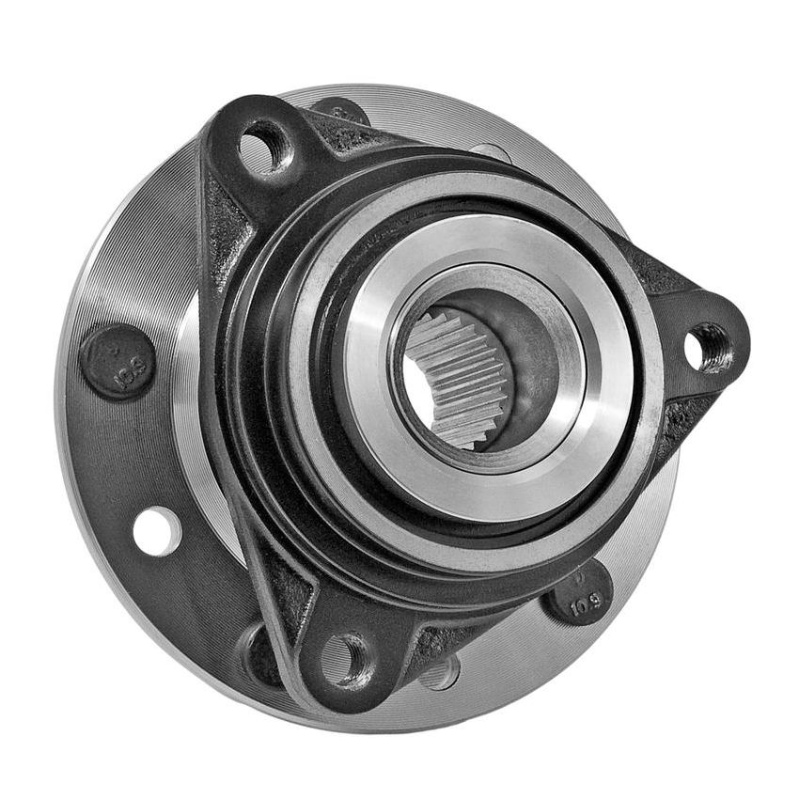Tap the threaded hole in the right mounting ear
click(708, 347)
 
